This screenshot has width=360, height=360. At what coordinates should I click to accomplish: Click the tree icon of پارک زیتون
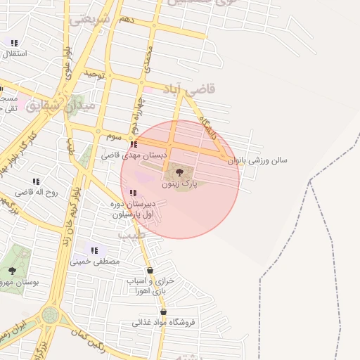point(179,171)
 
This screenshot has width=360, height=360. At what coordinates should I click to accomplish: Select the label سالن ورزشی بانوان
point(264,160)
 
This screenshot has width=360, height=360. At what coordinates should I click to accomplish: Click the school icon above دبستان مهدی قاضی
point(134,143)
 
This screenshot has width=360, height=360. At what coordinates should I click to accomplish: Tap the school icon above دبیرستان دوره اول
point(133,193)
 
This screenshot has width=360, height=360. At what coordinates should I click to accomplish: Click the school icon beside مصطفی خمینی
point(94,250)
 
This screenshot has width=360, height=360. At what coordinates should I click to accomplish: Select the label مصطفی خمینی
point(96,261)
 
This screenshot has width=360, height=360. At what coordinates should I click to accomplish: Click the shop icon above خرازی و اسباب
point(150,271)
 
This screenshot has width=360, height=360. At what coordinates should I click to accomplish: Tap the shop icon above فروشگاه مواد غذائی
point(163,312)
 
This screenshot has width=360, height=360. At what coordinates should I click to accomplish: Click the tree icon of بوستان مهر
point(12,270)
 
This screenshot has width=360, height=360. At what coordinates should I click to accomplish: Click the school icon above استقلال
point(14,43)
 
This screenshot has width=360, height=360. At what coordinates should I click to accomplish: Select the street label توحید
point(94,74)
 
